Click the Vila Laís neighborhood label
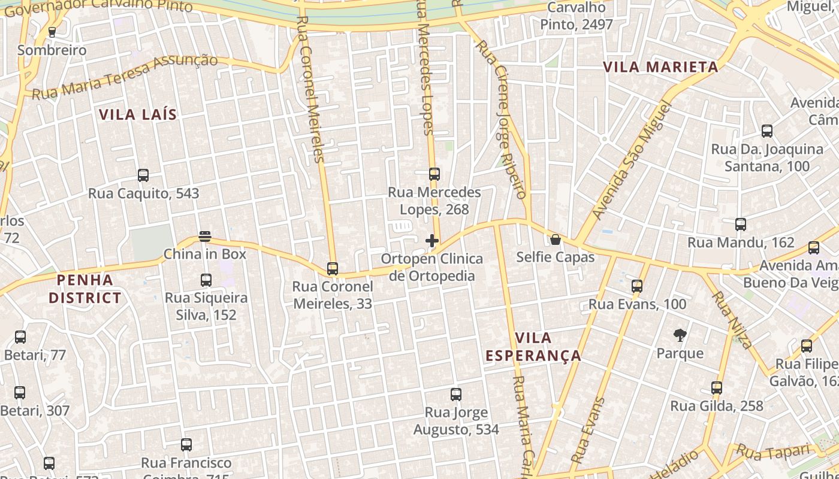tap(138, 114)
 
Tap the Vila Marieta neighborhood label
tap(660, 66)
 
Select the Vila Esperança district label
tap(533, 347)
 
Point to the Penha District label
tap(84, 289)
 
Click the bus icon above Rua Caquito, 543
tap(143, 175)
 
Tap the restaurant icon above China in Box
tap(205, 237)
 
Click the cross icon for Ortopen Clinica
tap(431, 241)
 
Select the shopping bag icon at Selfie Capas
tap(556, 239)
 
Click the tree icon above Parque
tap(680, 335)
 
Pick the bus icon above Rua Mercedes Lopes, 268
tap(434, 174)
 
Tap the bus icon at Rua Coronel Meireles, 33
tap(333, 269)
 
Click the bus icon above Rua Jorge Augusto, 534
tap(456, 395)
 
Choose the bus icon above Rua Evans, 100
tap(637, 286)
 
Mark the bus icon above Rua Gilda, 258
tap(717, 388)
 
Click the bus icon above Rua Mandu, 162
tap(741, 225)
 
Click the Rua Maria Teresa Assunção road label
tap(125, 77)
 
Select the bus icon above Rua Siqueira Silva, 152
tap(206, 280)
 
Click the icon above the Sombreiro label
tap(52, 32)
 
